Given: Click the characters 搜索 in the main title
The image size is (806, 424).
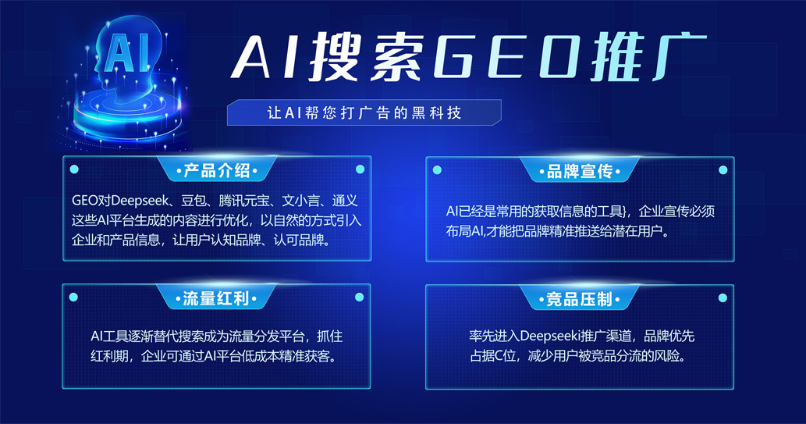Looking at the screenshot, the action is tap(367, 57).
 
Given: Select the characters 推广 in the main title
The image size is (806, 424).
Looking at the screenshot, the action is tap(648, 55).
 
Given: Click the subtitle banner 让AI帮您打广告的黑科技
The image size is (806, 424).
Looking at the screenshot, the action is tap(364, 112).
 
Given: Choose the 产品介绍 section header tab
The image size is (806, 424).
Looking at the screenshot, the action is tap(216, 169).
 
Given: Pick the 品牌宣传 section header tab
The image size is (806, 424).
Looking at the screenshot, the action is tap(579, 171).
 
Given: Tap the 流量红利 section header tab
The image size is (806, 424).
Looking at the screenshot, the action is tap(216, 298).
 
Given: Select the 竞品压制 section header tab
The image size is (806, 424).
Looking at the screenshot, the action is tap(579, 298).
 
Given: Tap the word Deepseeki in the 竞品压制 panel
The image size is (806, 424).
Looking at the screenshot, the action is tap(550, 337).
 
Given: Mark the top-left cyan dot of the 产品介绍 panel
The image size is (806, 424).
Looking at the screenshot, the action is tap(74, 169).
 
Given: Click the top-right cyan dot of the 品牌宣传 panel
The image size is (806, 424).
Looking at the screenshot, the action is tap(723, 169).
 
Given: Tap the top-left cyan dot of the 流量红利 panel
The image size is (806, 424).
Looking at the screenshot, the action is tap(73, 297).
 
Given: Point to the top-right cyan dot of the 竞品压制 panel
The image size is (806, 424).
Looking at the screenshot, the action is tap(723, 298).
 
